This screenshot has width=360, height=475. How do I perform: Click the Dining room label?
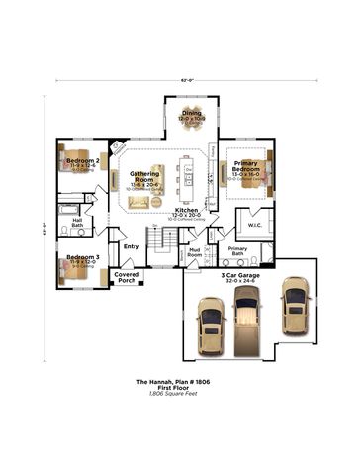click(191, 114)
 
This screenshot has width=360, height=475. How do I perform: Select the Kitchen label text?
click(186, 211)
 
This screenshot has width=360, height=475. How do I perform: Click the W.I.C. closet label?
click(253, 224)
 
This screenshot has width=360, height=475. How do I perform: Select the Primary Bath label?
click(237, 250)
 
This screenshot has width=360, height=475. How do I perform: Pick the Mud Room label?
click(195, 253)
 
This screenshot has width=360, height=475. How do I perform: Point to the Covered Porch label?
click(127, 277)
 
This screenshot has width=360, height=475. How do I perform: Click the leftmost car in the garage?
click(211, 332)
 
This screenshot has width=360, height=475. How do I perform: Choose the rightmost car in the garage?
click(294, 306)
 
